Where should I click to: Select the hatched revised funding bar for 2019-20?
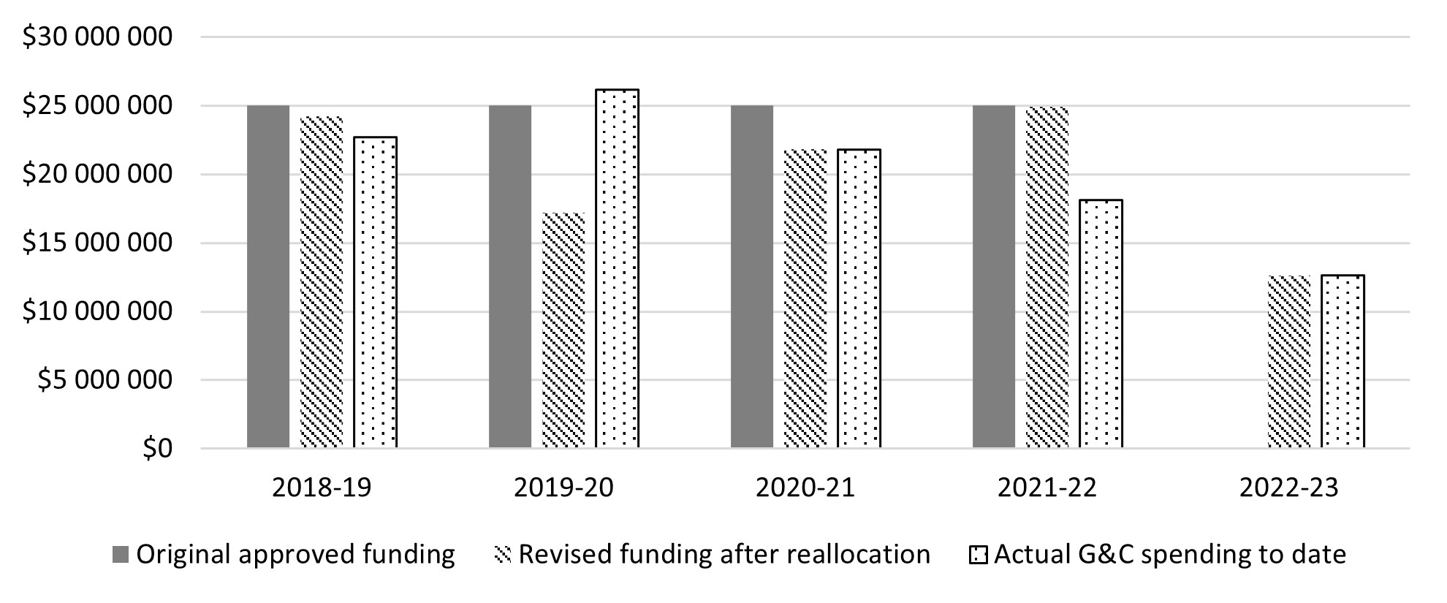tap(563, 330)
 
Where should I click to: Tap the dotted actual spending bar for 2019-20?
tap(617, 268)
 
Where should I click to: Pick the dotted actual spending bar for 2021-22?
tap(1101, 323)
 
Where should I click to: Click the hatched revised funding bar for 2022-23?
tap(1289, 362)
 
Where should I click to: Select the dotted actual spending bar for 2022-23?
tap(1342, 362)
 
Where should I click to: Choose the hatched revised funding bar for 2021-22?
tap(1047, 278)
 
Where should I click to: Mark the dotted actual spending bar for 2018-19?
tap(376, 292)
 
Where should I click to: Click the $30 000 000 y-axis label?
tap(97, 37)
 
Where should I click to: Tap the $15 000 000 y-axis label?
tap(97, 243)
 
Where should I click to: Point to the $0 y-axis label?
tap(157, 448)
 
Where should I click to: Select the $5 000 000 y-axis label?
tap(105, 380)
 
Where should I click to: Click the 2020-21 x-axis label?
tap(805, 488)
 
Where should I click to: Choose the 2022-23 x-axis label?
tap(1289, 488)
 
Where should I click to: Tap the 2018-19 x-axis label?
tap(322, 488)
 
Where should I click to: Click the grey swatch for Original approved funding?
tap(121, 555)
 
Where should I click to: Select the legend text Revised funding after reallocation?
tap(723, 555)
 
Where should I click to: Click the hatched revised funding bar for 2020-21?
tap(805, 299)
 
